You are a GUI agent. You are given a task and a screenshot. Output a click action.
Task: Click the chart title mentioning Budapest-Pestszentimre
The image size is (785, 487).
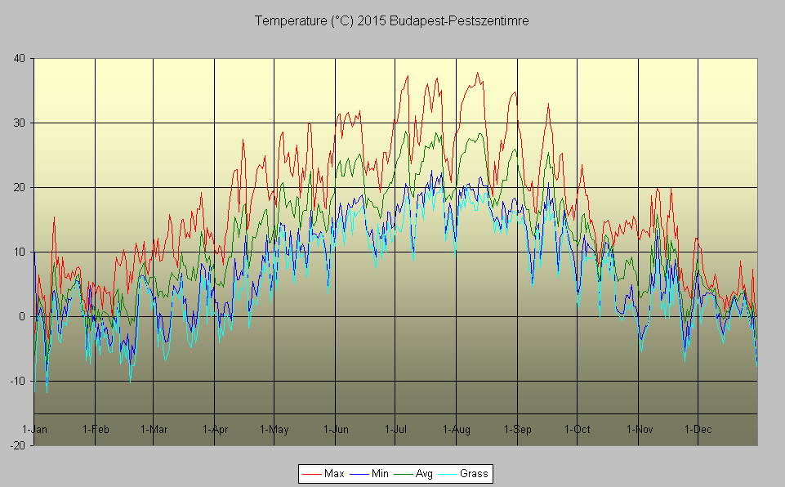pos(392,21)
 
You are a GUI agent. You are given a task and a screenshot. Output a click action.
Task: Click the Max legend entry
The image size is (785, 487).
pos(333,473)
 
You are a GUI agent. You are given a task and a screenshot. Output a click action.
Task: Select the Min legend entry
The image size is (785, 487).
pos(379,473)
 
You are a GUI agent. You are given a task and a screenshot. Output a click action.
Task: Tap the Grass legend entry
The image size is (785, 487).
pos(473,473)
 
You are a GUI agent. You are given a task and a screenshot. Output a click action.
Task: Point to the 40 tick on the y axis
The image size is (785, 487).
pos(18,58)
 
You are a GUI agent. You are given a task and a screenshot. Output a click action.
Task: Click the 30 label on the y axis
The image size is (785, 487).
pos(18,123)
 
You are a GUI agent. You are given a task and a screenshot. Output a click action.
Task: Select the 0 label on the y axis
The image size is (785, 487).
pos(21,316)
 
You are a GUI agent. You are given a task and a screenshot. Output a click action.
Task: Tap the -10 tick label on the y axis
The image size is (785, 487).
pos(16,381)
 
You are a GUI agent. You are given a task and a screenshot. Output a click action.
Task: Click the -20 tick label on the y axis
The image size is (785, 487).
pos(16,445)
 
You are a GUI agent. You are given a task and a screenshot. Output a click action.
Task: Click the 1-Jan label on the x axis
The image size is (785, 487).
pos(34,429)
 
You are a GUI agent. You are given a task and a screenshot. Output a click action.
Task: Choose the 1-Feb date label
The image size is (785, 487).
pos(96,429)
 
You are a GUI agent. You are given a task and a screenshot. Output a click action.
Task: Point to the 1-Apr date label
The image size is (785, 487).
pos(215,429)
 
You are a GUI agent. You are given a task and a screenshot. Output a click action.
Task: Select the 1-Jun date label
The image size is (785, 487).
pos(336,429)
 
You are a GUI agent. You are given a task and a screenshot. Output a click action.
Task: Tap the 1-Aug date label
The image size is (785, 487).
pos(456,429)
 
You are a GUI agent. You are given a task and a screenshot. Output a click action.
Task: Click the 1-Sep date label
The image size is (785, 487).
pos(517,429)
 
